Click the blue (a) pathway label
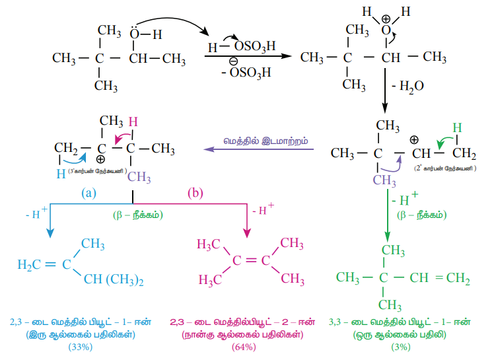(x=90, y=194)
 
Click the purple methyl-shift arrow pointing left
(x=258, y=150)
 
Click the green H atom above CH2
(x=456, y=127)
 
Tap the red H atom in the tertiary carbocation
(x=133, y=122)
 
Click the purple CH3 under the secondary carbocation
(x=384, y=180)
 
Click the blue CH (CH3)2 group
(x=112, y=281)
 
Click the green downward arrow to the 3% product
(x=387, y=218)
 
